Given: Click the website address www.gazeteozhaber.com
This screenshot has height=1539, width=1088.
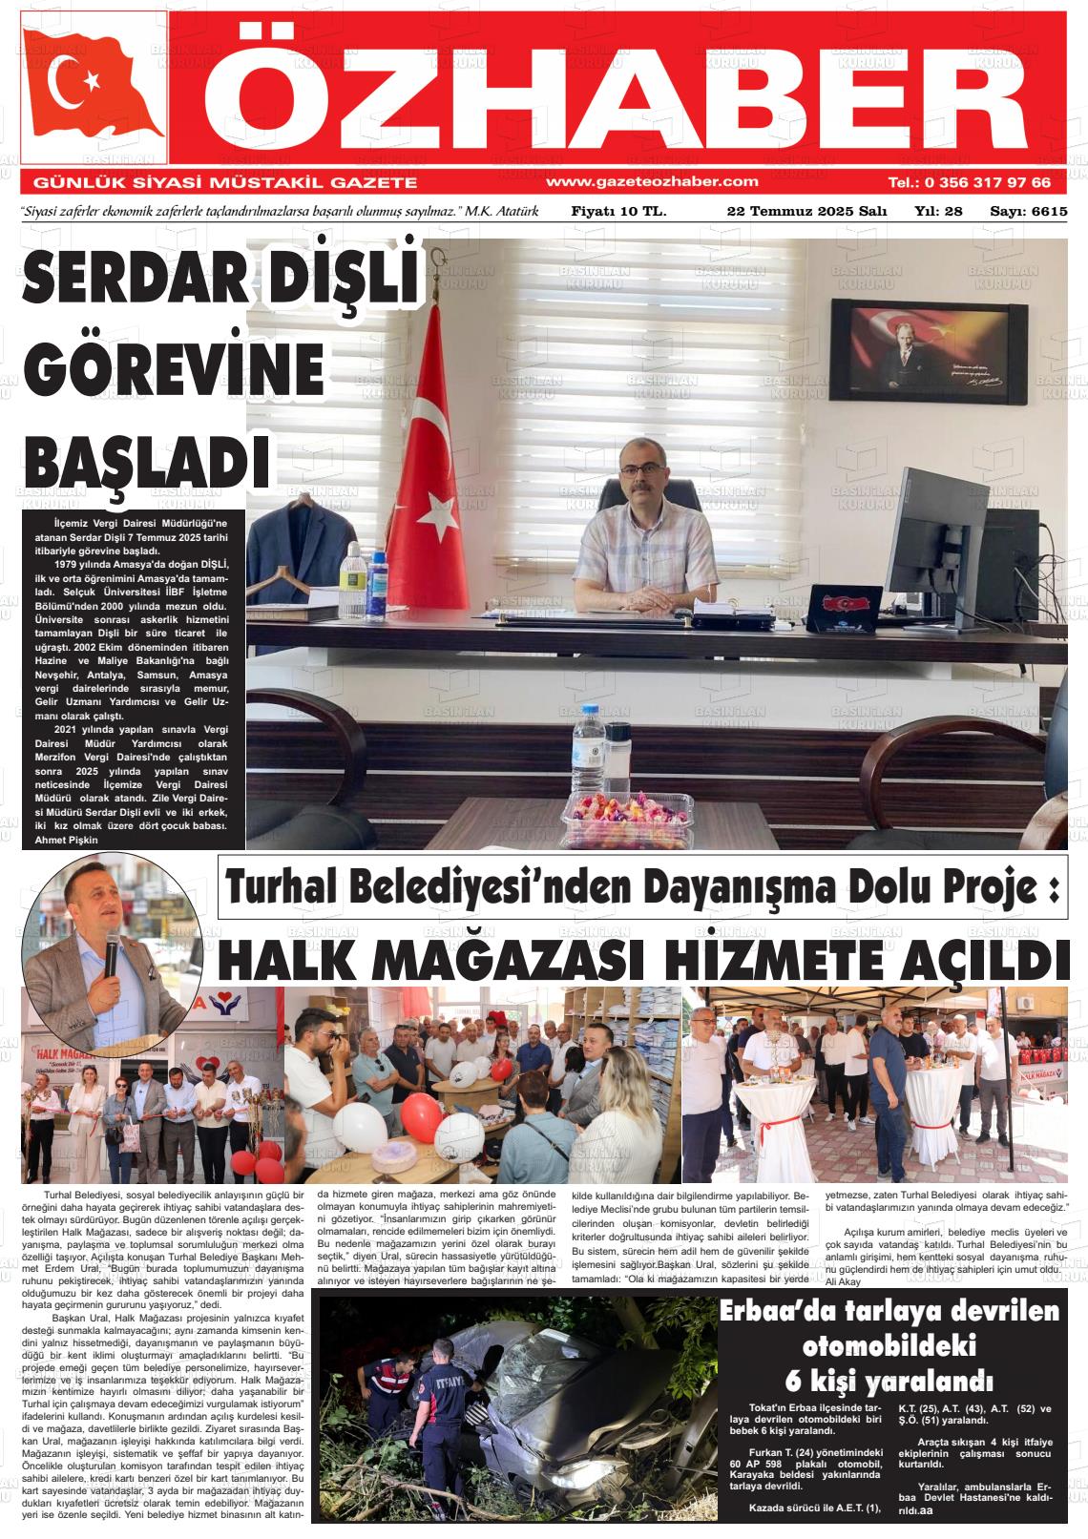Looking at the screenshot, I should [652, 181].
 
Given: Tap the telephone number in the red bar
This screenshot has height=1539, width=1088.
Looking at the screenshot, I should [969, 181].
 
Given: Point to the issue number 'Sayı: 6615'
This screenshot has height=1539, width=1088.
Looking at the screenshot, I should [1028, 211].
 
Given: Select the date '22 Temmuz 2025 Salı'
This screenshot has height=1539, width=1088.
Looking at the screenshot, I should [806, 211].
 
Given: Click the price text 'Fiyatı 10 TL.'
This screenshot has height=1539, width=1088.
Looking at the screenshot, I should [618, 211].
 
